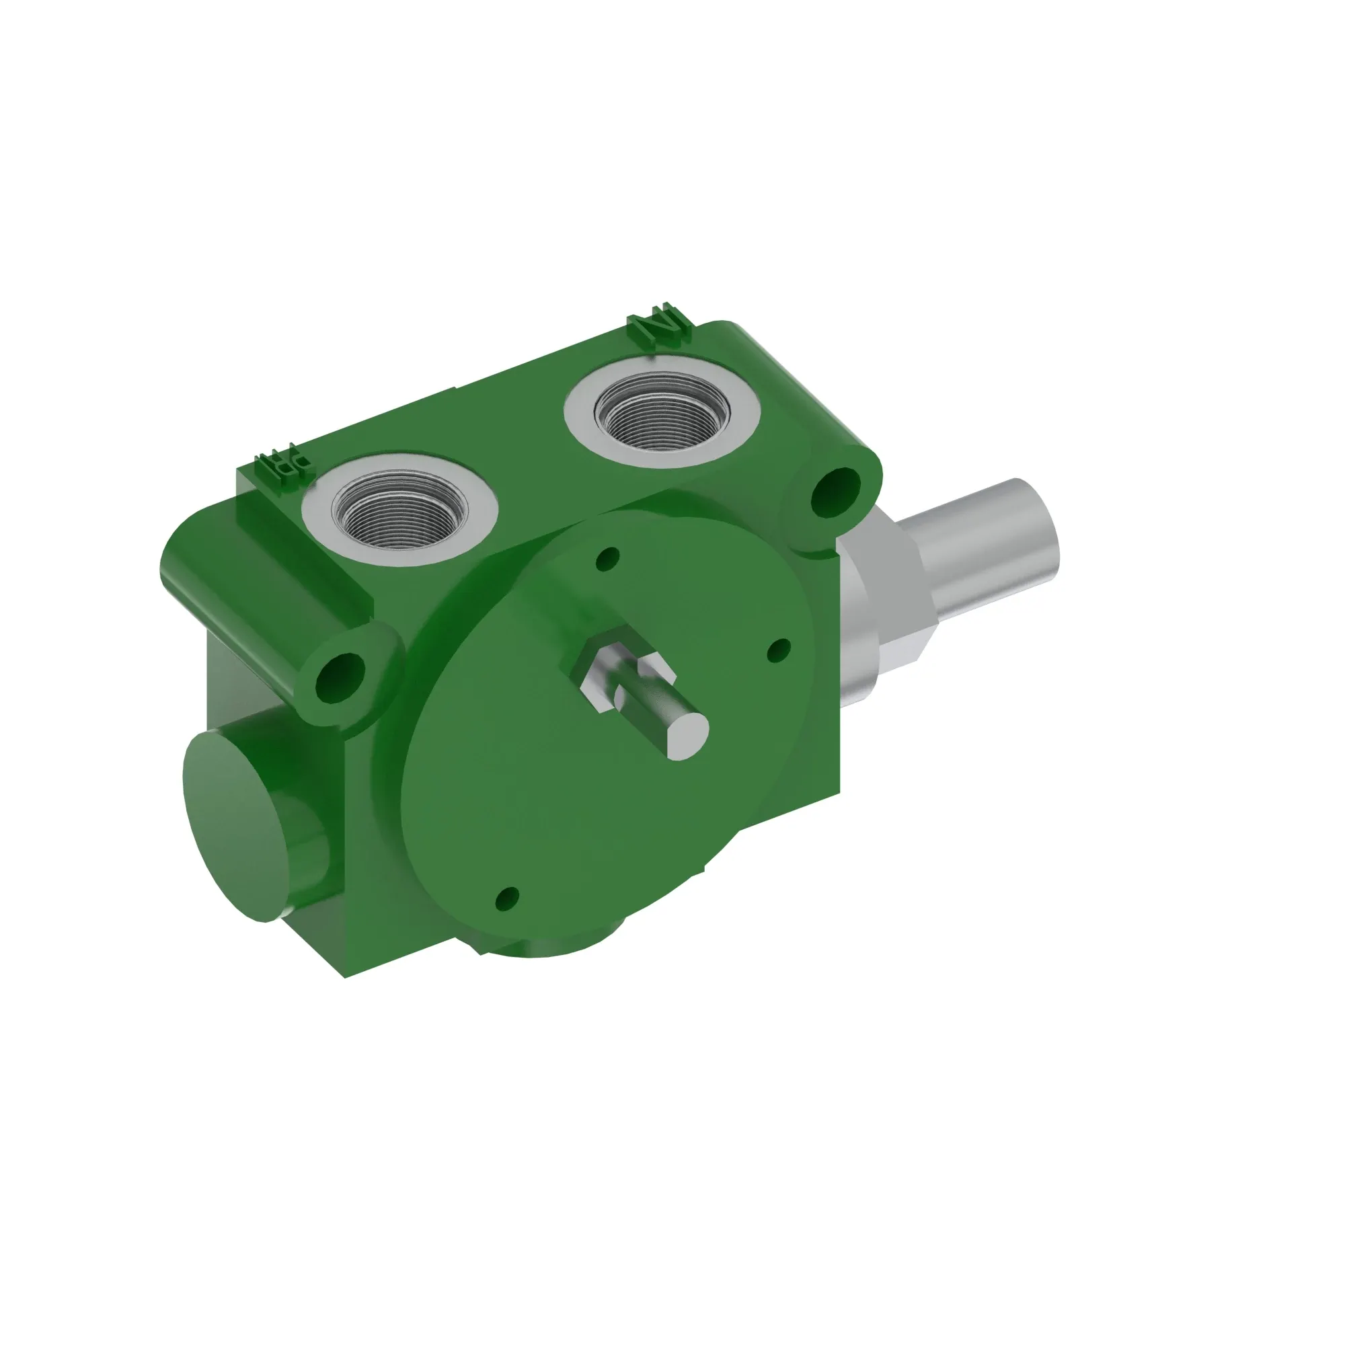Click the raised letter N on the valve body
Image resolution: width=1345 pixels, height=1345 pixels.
660,324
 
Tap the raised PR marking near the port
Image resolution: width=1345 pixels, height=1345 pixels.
282,465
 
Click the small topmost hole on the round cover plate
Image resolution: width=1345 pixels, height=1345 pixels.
609,558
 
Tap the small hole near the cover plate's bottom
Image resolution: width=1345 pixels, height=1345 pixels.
508,898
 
